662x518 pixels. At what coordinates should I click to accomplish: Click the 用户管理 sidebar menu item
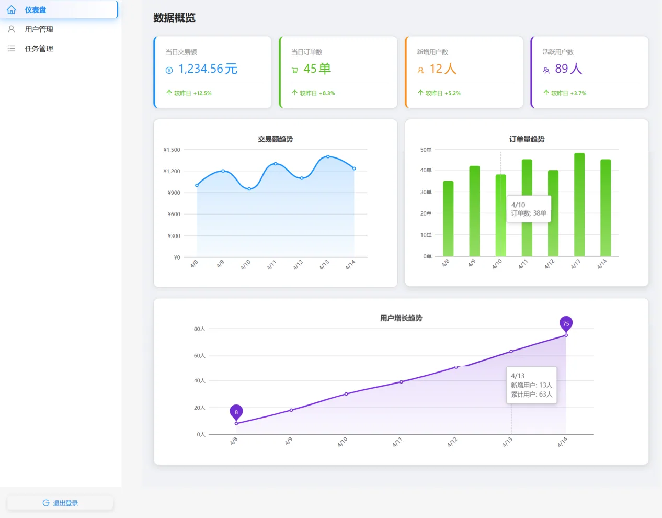coord(39,29)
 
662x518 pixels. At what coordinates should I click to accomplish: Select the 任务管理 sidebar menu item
coord(39,49)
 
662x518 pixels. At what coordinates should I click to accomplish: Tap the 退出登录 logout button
coord(60,503)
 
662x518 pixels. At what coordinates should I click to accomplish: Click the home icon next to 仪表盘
coord(12,10)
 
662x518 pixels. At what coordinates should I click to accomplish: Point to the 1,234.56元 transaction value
coord(208,69)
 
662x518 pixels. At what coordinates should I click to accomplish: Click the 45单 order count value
coord(317,69)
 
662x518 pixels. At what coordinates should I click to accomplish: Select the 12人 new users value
coord(443,69)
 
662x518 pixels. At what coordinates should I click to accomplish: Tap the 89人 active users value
coord(568,69)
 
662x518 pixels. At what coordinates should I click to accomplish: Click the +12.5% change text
coord(202,93)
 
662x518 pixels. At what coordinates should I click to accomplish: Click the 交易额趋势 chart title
coord(276,139)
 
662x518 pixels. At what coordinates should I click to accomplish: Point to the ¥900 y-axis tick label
coord(174,193)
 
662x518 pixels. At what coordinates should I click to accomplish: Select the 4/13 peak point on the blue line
coord(328,156)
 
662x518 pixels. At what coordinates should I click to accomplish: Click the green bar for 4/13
coord(579,205)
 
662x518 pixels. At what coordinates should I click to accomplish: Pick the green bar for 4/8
coord(448,219)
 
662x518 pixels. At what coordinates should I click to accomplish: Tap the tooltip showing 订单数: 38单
coord(529,209)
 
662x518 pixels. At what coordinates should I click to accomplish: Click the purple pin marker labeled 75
coord(566,324)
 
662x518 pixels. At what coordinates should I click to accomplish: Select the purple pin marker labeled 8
coord(236,413)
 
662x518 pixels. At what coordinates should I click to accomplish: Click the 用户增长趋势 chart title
coord(401,318)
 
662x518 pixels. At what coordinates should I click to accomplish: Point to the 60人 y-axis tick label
coord(200,356)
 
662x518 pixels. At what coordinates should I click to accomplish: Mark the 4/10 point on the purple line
coord(346,394)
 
